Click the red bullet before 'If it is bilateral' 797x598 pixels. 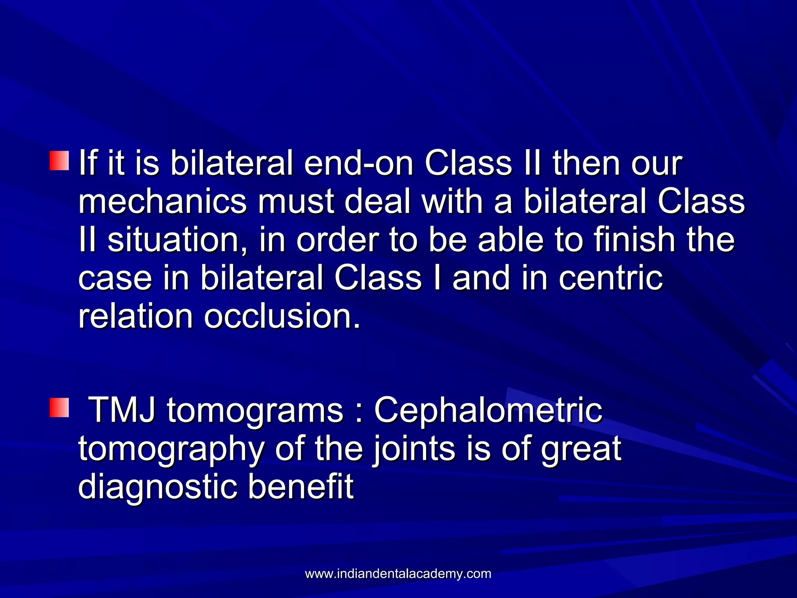point(60,161)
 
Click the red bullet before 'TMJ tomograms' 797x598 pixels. point(60,408)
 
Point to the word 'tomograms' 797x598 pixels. point(255,411)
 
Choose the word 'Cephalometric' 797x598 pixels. point(488,410)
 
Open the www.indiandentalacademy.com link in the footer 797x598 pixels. point(398,573)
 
